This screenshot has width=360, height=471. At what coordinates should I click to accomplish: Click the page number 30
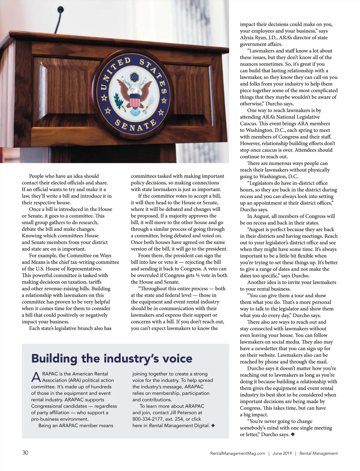[25, 453]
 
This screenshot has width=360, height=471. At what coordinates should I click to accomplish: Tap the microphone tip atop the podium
[61, 9]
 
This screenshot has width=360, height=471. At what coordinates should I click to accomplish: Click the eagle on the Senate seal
[134, 91]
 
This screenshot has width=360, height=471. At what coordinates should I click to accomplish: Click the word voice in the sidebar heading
[177, 358]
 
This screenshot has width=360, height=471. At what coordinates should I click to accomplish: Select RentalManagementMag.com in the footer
[238, 453]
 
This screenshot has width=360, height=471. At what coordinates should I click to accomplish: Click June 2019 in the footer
[282, 453]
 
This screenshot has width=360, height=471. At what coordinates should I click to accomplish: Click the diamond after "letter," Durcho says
[293, 434]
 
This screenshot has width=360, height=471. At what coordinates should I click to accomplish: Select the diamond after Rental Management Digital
[213, 425]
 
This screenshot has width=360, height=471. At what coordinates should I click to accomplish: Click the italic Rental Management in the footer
[318, 453]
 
